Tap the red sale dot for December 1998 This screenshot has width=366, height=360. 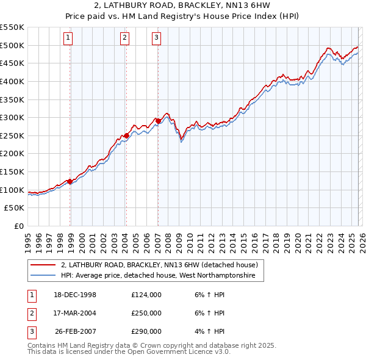(x=70, y=181)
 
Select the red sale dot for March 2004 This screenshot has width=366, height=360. (x=126, y=135)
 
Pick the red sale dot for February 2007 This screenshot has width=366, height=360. (x=158, y=121)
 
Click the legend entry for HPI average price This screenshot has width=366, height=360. (x=161, y=276)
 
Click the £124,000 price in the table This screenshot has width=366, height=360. (x=146, y=295)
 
